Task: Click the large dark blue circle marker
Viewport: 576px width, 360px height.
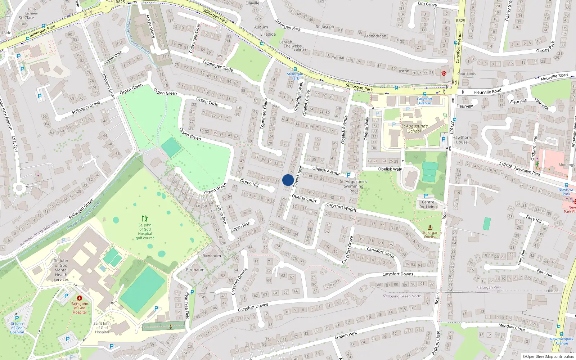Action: (x=288, y=180)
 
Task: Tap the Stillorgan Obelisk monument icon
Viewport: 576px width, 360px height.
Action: (x=430, y=227)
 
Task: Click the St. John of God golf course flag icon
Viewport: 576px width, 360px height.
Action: (x=145, y=219)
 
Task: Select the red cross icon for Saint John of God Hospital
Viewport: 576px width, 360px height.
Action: (x=80, y=298)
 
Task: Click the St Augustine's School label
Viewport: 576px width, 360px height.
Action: (x=414, y=129)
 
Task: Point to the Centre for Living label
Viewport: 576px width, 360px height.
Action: (x=428, y=204)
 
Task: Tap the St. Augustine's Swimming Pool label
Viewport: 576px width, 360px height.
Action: (x=354, y=186)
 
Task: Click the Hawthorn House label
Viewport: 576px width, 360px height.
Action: (x=462, y=140)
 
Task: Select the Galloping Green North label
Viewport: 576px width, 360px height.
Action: (x=402, y=296)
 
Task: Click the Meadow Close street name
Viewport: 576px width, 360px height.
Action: (x=511, y=327)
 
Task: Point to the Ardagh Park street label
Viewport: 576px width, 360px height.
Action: (x=346, y=335)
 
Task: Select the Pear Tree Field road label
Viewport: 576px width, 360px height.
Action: (x=187, y=306)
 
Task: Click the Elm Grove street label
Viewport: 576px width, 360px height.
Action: (x=427, y=4)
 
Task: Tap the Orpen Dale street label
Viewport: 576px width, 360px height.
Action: (x=113, y=57)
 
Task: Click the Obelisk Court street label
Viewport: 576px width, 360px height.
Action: (x=304, y=198)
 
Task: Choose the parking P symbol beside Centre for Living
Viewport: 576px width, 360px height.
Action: (x=426, y=196)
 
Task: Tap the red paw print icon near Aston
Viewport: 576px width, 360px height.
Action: (x=444, y=73)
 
